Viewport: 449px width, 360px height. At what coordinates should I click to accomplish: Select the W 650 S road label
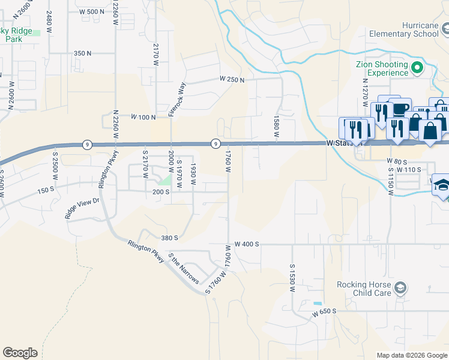(x=325, y=312)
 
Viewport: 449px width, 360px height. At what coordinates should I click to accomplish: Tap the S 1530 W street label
(x=292, y=277)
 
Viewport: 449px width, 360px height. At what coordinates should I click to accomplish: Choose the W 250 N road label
(x=232, y=79)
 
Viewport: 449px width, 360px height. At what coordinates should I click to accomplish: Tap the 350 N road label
(x=82, y=53)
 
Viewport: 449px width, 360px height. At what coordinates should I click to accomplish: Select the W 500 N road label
(x=91, y=11)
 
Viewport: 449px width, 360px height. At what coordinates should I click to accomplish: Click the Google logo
(x=20, y=353)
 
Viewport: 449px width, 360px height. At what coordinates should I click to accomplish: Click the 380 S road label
(x=169, y=238)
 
